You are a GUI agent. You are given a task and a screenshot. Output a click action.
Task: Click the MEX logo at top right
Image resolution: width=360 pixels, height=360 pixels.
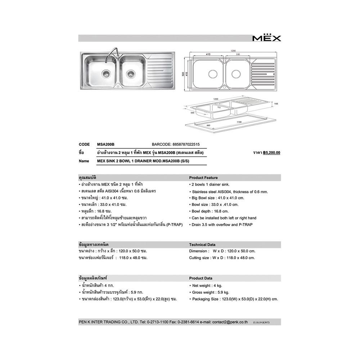(x=266, y=38)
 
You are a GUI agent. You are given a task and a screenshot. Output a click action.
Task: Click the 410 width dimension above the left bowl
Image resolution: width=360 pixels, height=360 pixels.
(x=208, y=55)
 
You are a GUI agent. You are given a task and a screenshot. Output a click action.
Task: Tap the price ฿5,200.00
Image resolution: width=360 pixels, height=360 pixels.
(x=271, y=153)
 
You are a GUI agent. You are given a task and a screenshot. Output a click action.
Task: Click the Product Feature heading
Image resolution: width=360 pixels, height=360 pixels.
(x=203, y=177)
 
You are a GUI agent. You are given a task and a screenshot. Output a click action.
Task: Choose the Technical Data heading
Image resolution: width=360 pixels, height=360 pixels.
(x=202, y=244)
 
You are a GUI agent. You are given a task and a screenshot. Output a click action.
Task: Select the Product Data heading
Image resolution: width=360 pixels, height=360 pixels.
(x=201, y=278)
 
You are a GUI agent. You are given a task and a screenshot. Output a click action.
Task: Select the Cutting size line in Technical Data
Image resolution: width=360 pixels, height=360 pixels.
(x=222, y=258)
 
